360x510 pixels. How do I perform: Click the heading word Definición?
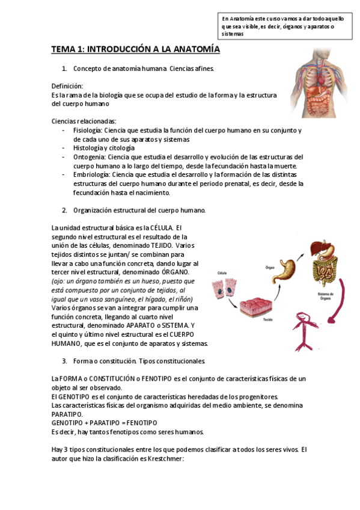coord(67,86)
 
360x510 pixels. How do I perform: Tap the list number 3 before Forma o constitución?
coord(64,361)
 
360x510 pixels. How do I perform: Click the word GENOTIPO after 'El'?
coord(76,396)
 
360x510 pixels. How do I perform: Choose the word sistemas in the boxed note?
coord(233,34)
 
